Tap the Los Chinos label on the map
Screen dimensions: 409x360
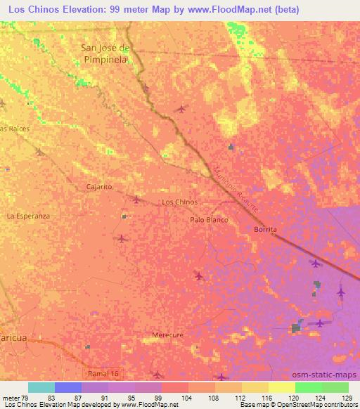179,202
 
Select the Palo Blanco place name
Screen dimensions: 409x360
210,220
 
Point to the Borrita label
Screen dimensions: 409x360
265,230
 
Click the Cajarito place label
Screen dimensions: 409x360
98,187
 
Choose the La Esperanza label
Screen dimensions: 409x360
28,216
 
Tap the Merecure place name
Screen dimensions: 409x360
167,335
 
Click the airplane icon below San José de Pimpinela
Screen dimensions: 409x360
183,109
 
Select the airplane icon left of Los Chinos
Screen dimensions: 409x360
136,199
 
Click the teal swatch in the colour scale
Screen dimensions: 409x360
41,387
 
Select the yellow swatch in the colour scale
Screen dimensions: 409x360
282,387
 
